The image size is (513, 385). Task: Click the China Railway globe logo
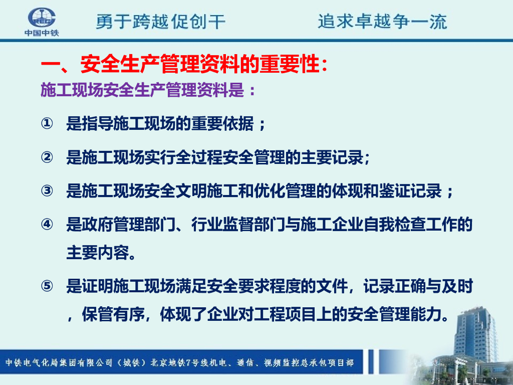click(x=42, y=18)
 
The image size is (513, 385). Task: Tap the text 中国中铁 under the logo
click(x=42, y=33)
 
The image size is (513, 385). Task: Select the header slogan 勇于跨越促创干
click(x=160, y=22)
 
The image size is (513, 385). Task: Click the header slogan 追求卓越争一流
click(x=382, y=22)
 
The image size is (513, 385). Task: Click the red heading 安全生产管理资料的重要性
click(x=199, y=64)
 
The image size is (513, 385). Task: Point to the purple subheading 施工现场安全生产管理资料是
click(x=142, y=90)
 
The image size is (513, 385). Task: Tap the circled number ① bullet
click(x=47, y=123)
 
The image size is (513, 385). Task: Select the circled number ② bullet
click(x=47, y=157)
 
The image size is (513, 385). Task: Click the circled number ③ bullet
click(x=47, y=190)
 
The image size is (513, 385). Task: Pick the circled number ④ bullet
click(x=47, y=224)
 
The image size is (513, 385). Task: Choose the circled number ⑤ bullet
click(x=47, y=286)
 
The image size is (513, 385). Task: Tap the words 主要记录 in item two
click(x=332, y=157)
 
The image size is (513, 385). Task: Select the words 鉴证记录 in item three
click(x=410, y=190)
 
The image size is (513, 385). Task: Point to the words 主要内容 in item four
click(x=98, y=253)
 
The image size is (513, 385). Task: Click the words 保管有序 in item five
click(x=113, y=314)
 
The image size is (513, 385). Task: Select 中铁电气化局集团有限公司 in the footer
click(x=59, y=362)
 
